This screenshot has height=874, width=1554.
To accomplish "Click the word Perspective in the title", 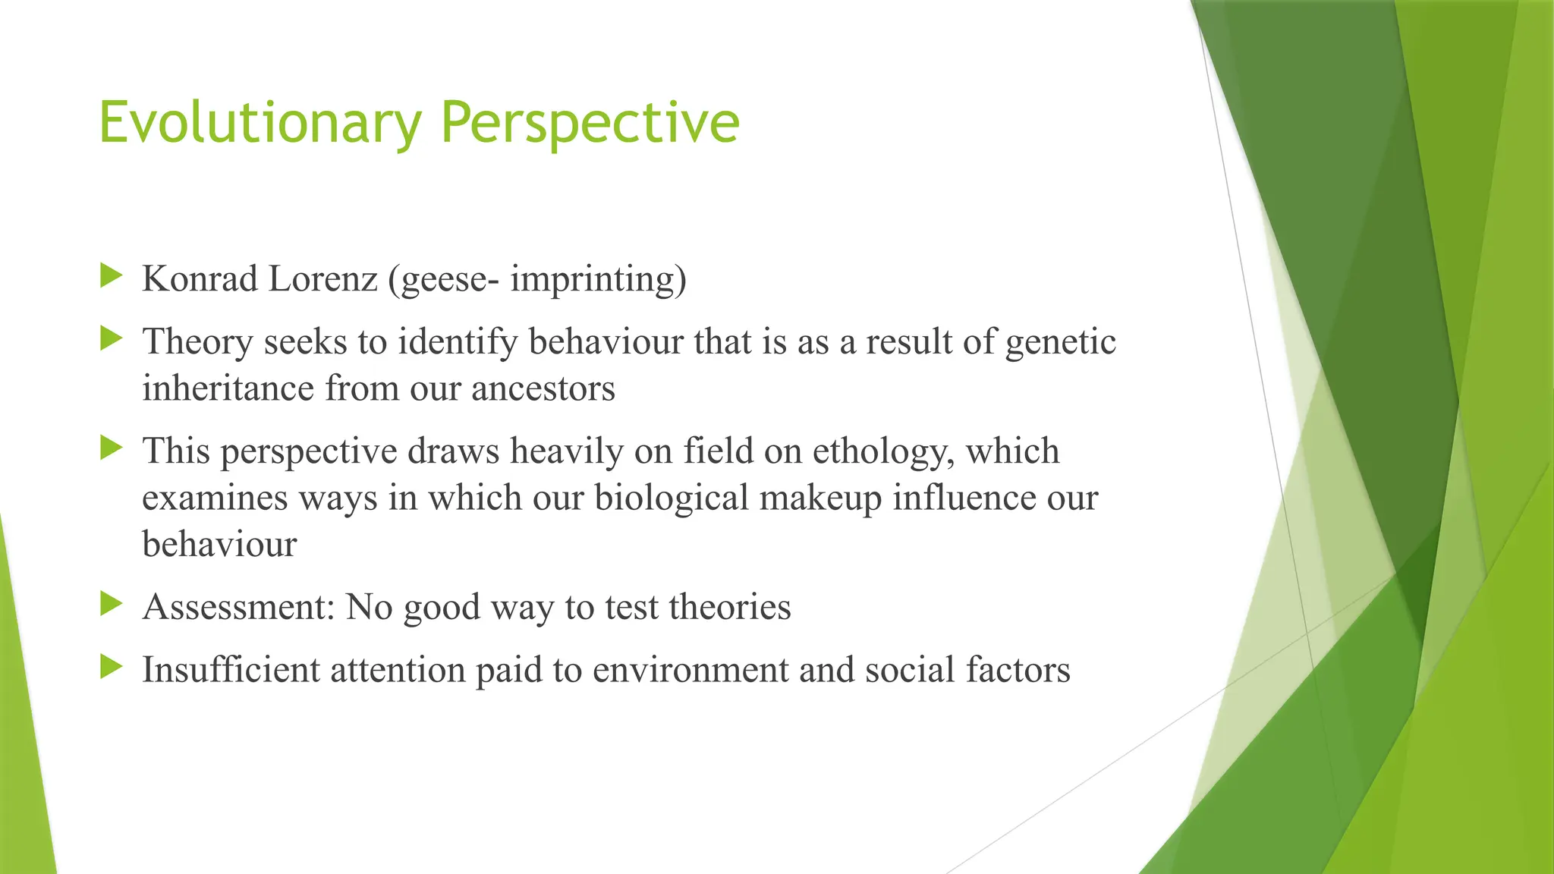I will pyautogui.click(x=590, y=123).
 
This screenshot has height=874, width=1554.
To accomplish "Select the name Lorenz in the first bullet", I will pyautogui.click(x=322, y=279).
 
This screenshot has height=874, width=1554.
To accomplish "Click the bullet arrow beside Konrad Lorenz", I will pyautogui.click(x=111, y=275).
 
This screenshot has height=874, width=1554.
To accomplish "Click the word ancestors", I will pyautogui.click(x=543, y=389).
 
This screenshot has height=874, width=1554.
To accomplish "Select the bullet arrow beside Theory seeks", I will pyautogui.click(x=111, y=338).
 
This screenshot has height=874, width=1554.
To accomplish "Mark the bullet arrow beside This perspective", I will pyautogui.click(x=111, y=448).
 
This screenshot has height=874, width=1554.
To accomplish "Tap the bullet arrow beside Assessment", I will pyautogui.click(x=111, y=604).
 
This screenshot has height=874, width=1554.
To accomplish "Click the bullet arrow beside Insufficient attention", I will pyautogui.click(x=111, y=667).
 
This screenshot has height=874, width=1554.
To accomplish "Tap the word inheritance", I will pyautogui.click(x=228, y=389).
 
